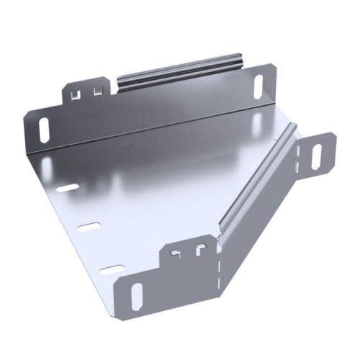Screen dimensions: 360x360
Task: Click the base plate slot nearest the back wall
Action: (x=66, y=188)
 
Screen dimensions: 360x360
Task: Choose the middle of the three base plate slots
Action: (x=86, y=228)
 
